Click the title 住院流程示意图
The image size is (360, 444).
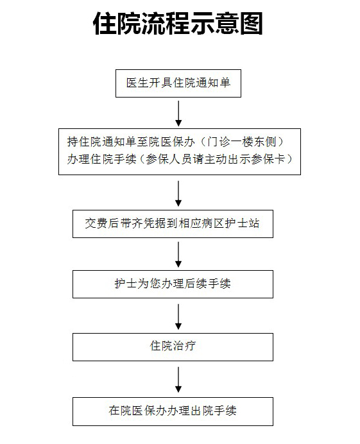pyautogui.click(x=178, y=24)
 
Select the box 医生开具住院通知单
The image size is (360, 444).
pyautogui.click(x=178, y=83)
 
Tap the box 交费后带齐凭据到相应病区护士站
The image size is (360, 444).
pyautogui.click(x=173, y=224)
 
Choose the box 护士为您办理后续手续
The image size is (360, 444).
pyautogui.click(x=173, y=284)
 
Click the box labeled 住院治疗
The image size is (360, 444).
pyautogui.click(x=173, y=347)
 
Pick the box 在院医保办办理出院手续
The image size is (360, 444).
pyautogui.click(x=173, y=411)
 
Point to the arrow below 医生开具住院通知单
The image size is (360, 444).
pyautogui.click(x=178, y=114)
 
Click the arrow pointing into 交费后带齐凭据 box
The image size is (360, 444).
pyautogui.click(x=178, y=194)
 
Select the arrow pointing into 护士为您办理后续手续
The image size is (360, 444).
pyautogui.click(x=178, y=254)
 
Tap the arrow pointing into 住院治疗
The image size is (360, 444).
pyautogui.click(x=178, y=316)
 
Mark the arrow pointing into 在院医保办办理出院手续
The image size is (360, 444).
pyautogui.click(x=178, y=379)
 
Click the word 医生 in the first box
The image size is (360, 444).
pyautogui.click(x=137, y=83)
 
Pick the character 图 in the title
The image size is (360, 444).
pyautogui.click(x=251, y=24)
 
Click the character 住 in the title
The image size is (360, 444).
pyautogui.click(x=105, y=24)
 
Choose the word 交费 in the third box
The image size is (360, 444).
pyautogui.click(x=96, y=223)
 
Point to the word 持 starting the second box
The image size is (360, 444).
pyautogui.click(x=73, y=142)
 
